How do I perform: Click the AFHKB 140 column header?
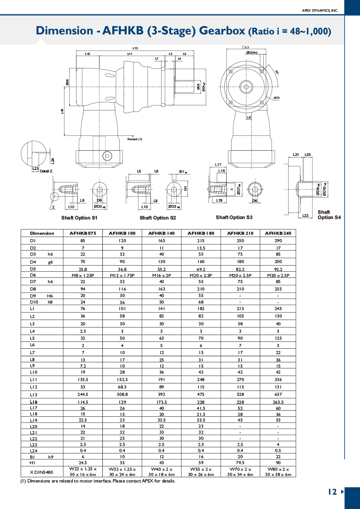point(161,233)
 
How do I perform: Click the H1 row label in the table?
point(33,462)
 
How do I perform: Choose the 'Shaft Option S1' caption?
point(79,218)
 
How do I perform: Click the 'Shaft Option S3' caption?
point(234,217)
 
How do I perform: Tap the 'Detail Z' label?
point(46,171)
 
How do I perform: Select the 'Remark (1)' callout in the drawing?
point(135,139)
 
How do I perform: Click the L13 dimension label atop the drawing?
point(135,48)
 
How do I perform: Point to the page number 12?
point(332,492)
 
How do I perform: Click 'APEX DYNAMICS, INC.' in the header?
point(320,10)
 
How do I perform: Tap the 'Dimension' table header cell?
point(42,233)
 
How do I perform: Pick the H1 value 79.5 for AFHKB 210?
point(240,462)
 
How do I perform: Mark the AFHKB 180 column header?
point(200,233)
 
